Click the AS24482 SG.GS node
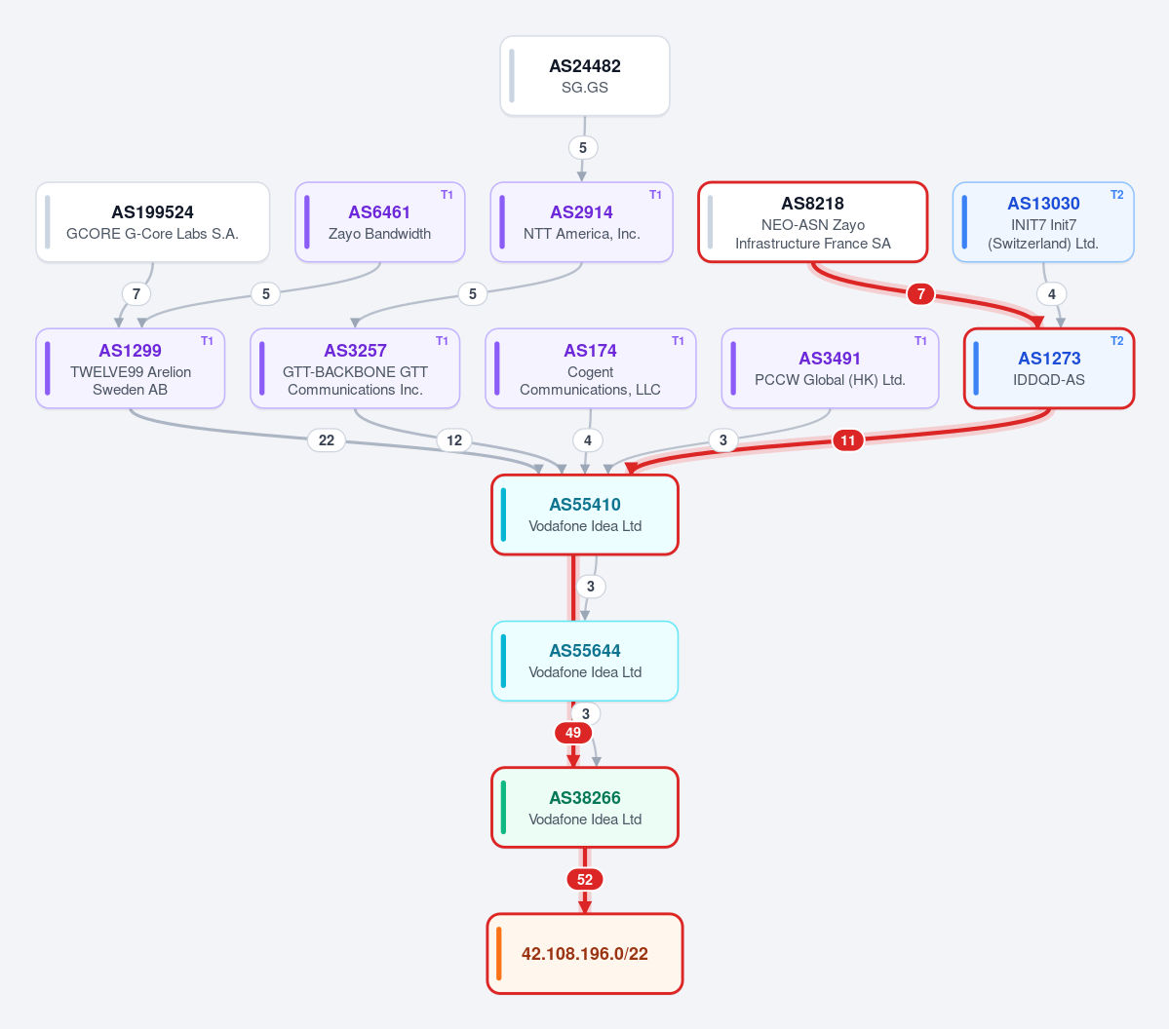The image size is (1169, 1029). (x=585, y=76)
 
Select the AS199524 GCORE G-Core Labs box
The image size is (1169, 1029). (x=153, y=222)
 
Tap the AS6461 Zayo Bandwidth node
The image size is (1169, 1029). (x=380, y=222)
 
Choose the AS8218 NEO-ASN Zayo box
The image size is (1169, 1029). (x=812, y=222)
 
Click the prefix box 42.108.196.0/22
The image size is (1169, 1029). (x=585, y=954)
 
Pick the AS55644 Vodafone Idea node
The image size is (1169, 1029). (x=585, y=661)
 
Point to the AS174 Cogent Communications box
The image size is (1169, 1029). (x=591, y=369)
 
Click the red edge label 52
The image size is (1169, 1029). (x=585, y=880)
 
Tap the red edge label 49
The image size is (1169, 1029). (x=572, y=733)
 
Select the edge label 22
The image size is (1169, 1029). (x=327, y=440)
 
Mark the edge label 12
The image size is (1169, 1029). (x=454, y=440)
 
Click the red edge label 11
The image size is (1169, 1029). (x=847, y=440)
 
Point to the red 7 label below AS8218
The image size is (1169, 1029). (x=920, y=294)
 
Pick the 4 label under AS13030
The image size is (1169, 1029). (x=1051, y=294)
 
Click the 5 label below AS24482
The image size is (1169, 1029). (x=583, y=147)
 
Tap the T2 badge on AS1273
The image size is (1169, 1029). (x=1116, y=341)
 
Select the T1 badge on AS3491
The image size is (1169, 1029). (x=920, y=341)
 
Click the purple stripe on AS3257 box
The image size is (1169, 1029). (x=261, y=369)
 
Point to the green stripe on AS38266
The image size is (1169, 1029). (x=503, y=808)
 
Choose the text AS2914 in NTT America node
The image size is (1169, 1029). (x=581, y=212)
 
